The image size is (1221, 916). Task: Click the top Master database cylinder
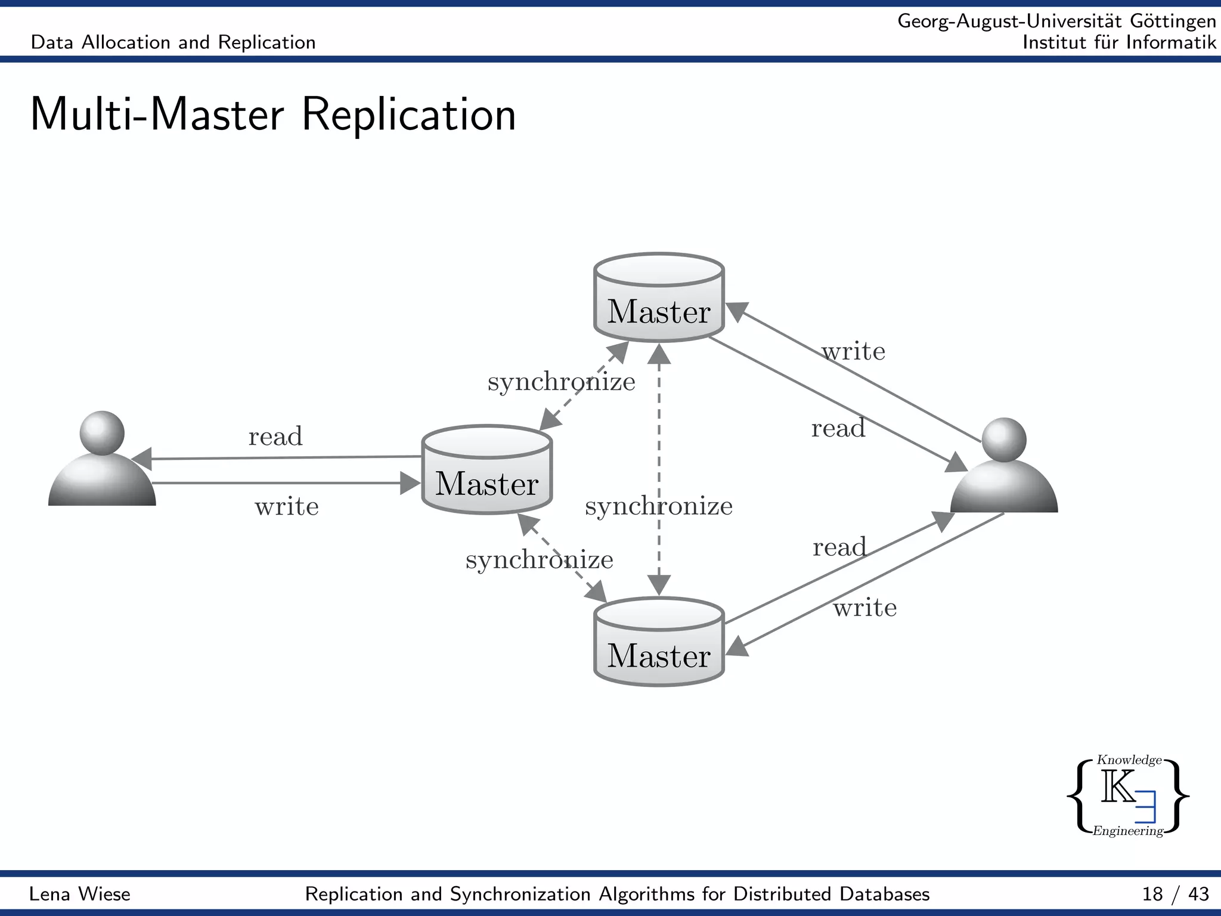click(x=659, y=298)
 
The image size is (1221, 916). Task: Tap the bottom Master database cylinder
click(x=659, y=642)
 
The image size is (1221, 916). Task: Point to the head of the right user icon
click(x=1004, y=440)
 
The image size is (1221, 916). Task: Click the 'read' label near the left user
click(x=275, y=437)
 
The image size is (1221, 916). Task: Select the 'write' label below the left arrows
click(x=287, y=507)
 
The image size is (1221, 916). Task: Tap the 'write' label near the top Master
click(x=853, y=351)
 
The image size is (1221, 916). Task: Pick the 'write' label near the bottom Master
click(x=864, y=608)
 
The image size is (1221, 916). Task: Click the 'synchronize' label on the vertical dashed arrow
click(x=659, y=506)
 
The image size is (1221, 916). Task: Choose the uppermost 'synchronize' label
click(x=561, y=382)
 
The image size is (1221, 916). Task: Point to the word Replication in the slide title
click(x=409, y=114)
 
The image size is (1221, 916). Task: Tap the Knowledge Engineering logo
click(x=1128, y=796)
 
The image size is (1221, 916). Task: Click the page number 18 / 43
click(x=1175, y=894)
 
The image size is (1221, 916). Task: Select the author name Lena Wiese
click(x=80, y=894)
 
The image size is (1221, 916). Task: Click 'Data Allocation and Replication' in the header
click(x=173, y=42)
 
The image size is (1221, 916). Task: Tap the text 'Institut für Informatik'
click(x=1118, y=42)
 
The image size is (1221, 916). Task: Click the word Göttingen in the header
click(x=1173, y=21)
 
